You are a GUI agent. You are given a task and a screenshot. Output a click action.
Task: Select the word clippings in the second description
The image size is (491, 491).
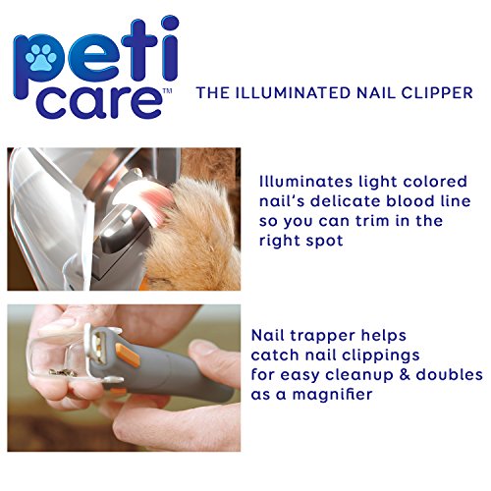(396, 354)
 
